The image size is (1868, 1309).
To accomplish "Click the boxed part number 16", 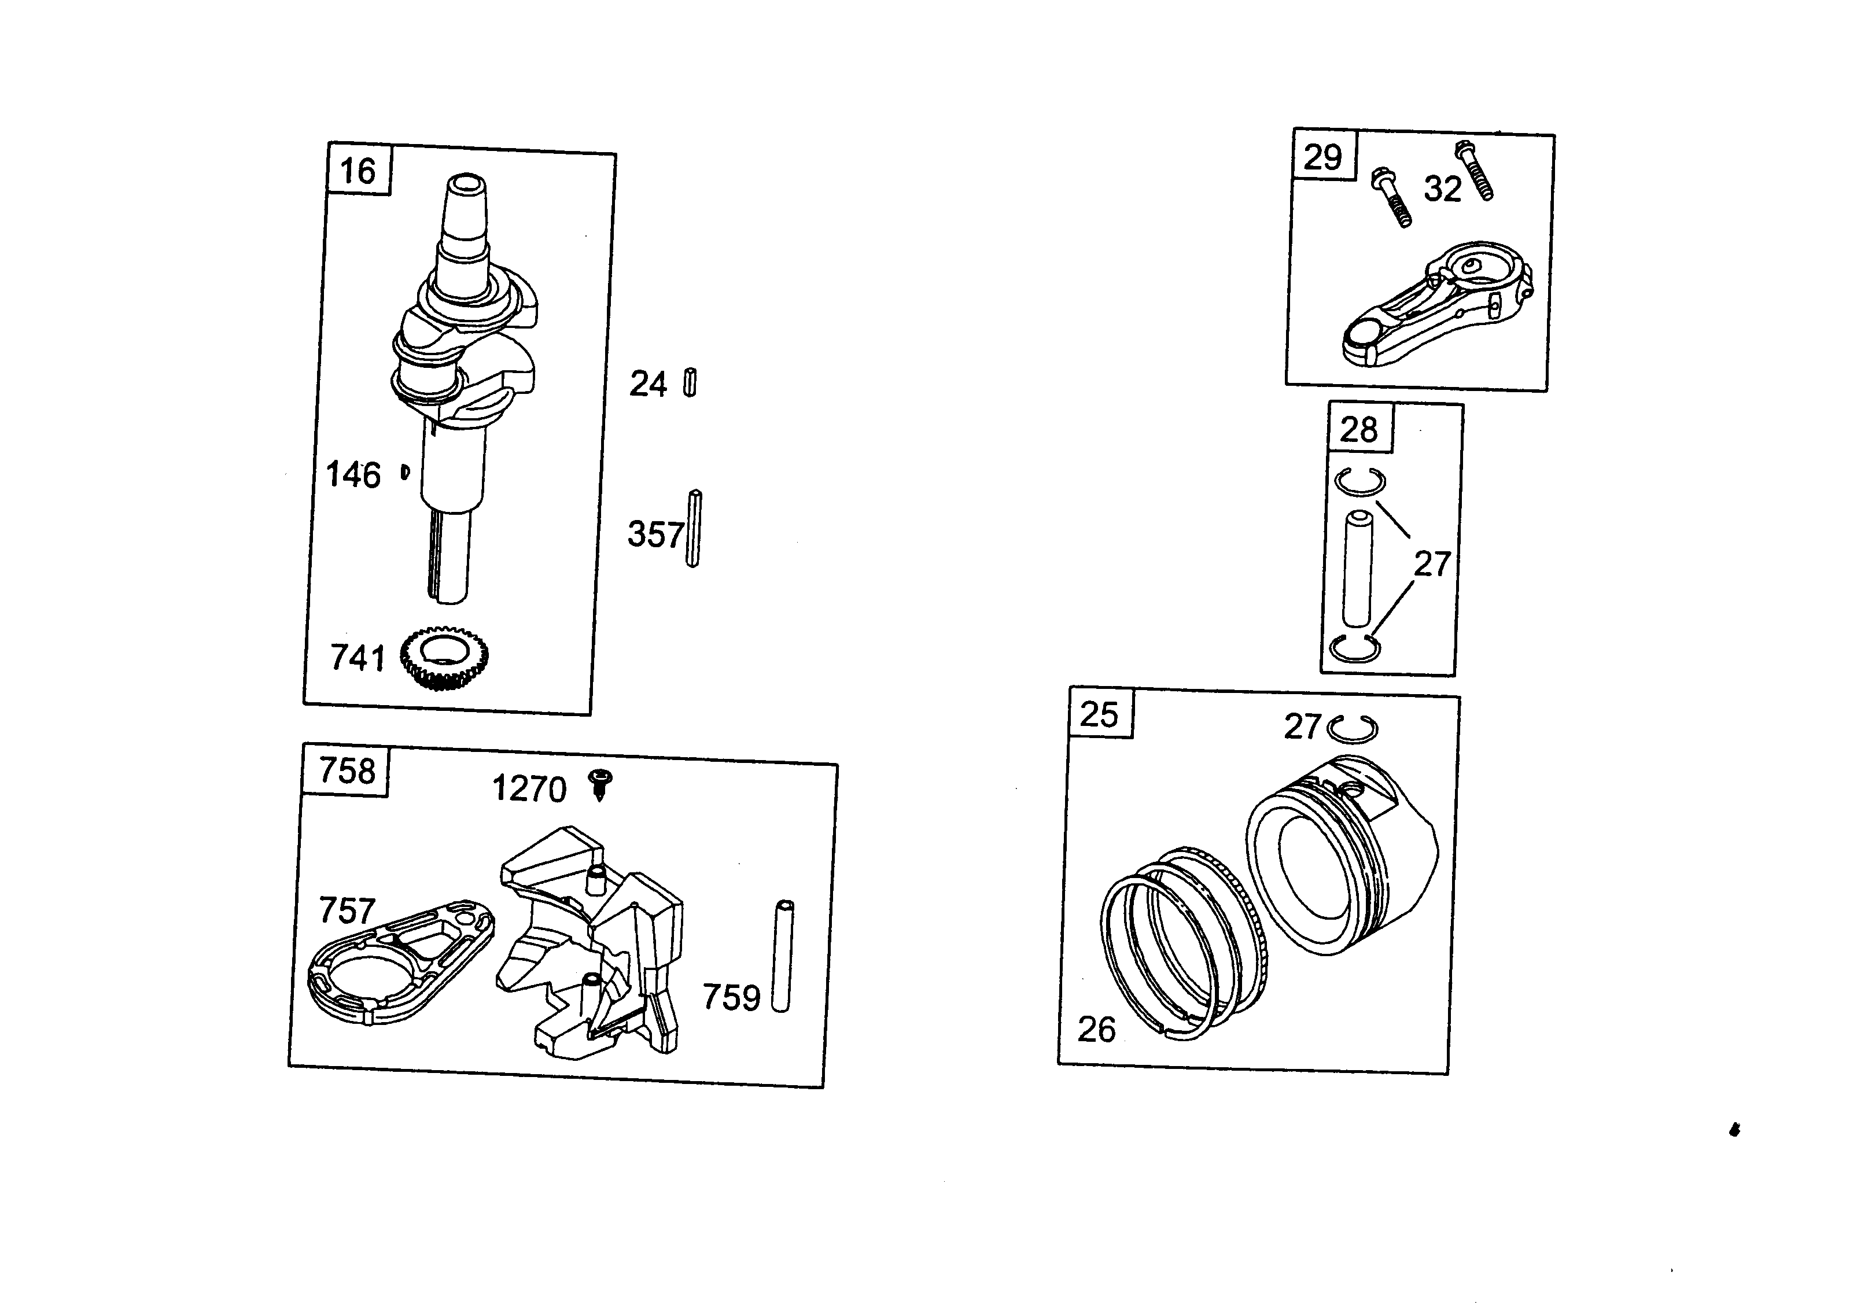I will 358,171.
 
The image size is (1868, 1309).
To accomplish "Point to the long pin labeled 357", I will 693,528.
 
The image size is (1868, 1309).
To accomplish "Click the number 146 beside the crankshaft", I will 353,474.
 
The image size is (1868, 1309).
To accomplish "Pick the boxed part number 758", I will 347,770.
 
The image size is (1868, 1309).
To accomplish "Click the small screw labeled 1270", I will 600,783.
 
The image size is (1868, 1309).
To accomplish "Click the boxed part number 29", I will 1322,156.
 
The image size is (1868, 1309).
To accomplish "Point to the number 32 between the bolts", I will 1442,189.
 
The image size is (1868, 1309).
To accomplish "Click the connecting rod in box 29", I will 1436,305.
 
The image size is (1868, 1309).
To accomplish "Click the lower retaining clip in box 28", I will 1355,648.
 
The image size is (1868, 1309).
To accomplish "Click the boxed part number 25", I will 1099,714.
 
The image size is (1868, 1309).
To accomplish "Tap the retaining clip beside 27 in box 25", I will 1352,728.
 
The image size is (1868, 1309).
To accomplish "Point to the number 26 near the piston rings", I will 1096,1029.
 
